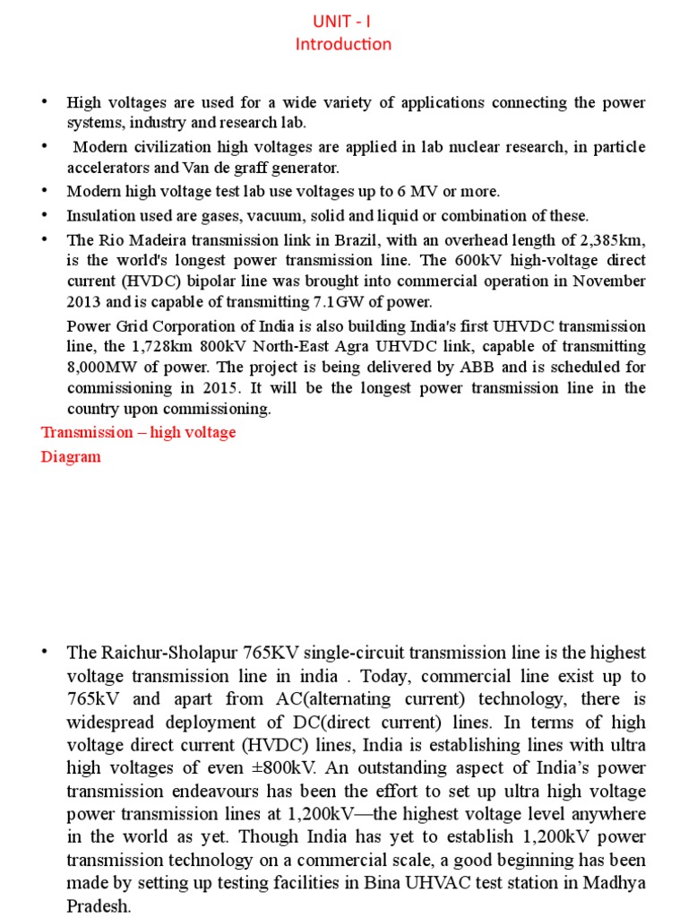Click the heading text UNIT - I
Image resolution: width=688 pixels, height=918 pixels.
coord(351,21)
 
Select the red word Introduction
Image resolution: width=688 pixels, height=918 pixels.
coord(351,44)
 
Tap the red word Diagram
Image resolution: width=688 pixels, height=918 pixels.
coord(71,456)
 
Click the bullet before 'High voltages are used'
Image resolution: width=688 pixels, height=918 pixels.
coord(42,102)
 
